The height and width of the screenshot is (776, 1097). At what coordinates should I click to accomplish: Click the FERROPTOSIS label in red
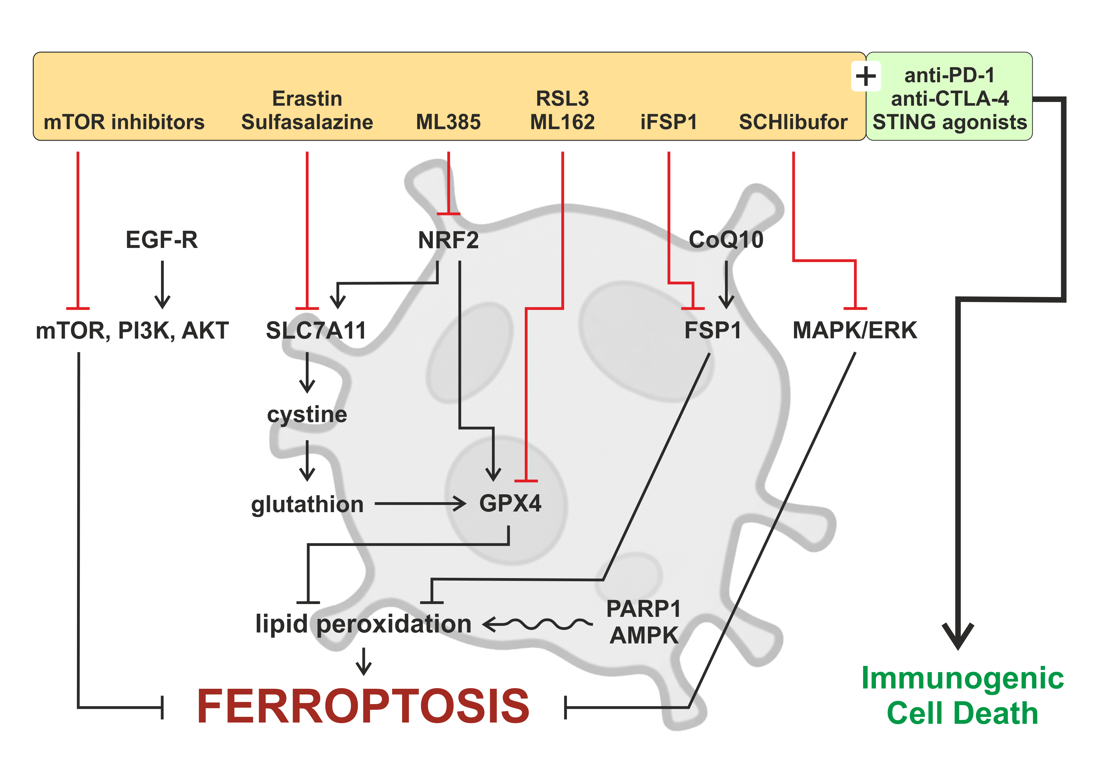(x=363, y=706)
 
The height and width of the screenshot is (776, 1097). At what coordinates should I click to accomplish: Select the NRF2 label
(x=448, y=240)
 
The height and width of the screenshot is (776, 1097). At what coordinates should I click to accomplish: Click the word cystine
(x=307, y=414)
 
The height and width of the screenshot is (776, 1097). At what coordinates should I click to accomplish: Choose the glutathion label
(x=307, y=504)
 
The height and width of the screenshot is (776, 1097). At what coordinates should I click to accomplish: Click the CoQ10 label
(x=726, y=239)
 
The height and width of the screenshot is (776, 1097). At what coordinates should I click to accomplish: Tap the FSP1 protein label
(x=712, y=330)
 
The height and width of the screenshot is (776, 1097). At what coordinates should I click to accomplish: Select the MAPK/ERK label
(x=854, y=330)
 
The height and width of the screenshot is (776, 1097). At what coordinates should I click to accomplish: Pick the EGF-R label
(x=161, y=239)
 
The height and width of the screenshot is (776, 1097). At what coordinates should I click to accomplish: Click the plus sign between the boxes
(x=865, y=77)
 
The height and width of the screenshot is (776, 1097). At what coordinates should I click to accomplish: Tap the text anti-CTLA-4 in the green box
(x=949, y=98)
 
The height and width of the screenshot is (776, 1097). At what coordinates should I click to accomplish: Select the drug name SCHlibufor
(x=793, y=122)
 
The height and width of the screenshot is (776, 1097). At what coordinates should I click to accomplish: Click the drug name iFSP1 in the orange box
(x=668, y=122)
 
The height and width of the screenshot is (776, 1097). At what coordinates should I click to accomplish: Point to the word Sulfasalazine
(x=307, y=122)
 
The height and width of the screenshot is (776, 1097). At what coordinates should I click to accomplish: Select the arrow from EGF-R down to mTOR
(x=162, y=284)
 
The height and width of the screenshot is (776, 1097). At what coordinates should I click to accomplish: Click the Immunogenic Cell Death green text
(x=962, y=695)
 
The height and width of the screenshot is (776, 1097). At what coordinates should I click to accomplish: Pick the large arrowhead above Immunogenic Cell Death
(x=958, y=636)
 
